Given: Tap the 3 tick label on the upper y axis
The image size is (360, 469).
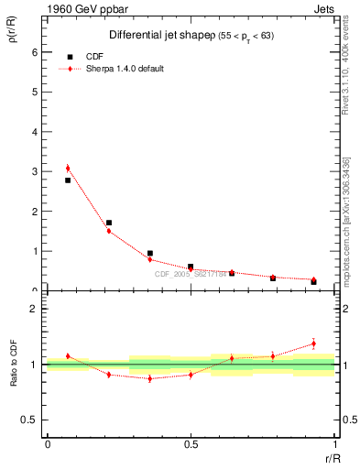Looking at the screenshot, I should point(34,171).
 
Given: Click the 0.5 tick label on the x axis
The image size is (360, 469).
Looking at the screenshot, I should point(191,444).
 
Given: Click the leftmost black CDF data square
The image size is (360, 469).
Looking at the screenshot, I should point(68,180).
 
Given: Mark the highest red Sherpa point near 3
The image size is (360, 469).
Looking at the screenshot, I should point(68,168).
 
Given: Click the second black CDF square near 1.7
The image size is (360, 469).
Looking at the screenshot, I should point(109,223).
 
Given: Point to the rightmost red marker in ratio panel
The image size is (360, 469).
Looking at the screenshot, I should point(313,344).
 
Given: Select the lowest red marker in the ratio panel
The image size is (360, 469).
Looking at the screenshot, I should point(149,378).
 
